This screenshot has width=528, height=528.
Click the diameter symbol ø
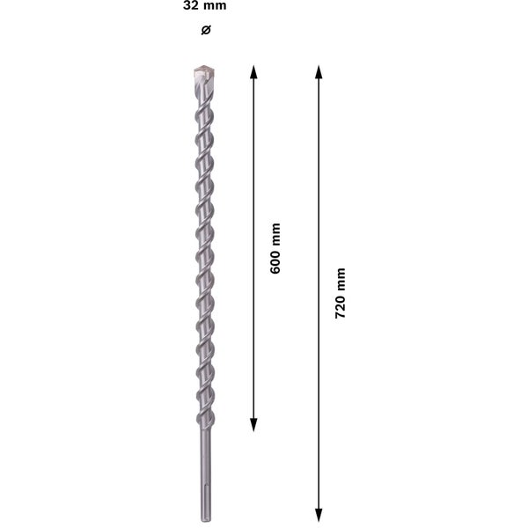(205, 32)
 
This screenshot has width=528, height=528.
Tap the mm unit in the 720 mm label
(341, 278)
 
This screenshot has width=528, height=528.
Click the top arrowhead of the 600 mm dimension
(253, 71)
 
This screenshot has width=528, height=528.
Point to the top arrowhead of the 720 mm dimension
(319, 71)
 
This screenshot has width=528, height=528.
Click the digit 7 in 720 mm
(341, 314)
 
